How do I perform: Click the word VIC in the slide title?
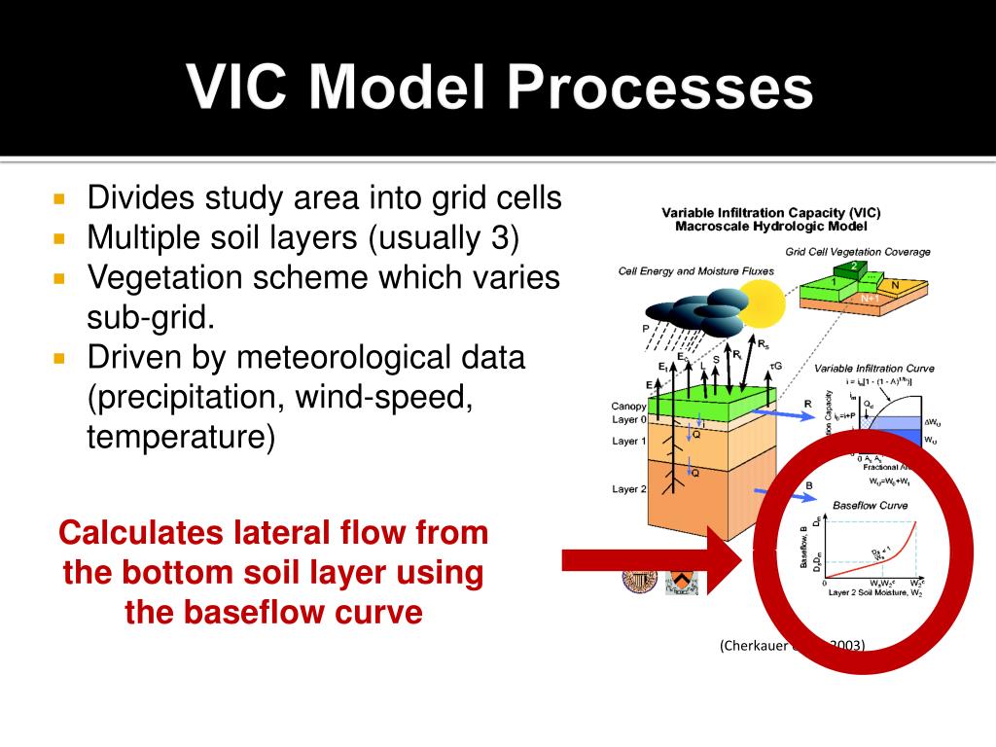tap(244, 88)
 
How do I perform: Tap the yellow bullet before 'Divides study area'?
tap(59, 198)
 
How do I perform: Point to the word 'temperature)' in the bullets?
tap(181, 437)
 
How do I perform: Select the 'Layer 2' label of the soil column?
tap(629, 488)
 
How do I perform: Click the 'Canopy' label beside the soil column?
tap(628, 406)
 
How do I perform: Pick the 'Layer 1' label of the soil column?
tap(629, 441)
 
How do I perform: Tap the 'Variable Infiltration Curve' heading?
tap(872, 369)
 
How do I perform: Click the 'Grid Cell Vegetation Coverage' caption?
tap(857, 251)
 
